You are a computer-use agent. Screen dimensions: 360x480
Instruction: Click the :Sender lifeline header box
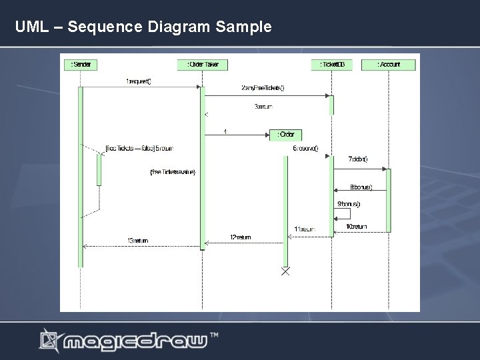point(81,65)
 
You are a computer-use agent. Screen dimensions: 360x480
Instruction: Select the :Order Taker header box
point(203,65)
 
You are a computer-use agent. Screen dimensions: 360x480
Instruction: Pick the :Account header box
point(389,65)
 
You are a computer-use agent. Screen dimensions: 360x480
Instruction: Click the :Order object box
point(285,135)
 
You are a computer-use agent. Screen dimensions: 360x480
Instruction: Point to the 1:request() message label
point(139,81)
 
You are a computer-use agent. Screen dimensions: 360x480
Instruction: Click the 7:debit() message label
point(358,159)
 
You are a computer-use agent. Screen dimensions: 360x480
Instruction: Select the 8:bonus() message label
point(361,187)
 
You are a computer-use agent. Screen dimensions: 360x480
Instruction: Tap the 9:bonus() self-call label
point(349,203)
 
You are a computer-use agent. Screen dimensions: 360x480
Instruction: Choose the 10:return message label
point(356,227)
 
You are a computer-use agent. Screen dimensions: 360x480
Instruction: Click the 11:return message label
point(304,229)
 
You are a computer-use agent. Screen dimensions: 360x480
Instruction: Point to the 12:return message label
point(241,237)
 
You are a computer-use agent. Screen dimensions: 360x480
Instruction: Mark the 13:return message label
point(138,241)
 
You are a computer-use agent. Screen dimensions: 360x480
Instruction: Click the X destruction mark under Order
point(285,271)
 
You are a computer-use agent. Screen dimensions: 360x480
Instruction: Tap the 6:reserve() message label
point(305,148)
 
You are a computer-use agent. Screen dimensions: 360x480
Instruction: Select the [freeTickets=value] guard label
point(173,172)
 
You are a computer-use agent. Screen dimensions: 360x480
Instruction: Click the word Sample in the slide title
point(244,27)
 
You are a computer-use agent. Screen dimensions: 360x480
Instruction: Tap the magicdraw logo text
point(136,341)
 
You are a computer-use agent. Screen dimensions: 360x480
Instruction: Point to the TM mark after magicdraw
point(215,334)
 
